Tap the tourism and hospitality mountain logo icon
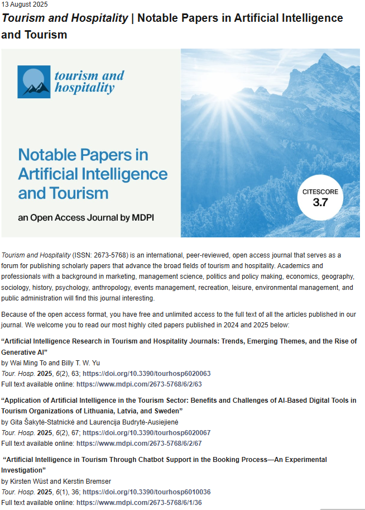click(x=35, y=82)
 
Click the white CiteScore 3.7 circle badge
click(x=320, y=198)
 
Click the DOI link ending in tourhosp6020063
click(x=146, y=373)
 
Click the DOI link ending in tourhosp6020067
click(x=146, y=433)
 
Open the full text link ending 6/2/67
click(x=138, y=442)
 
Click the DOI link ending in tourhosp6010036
click(x=146, y=492)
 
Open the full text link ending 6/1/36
click(x=138, y=502)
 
